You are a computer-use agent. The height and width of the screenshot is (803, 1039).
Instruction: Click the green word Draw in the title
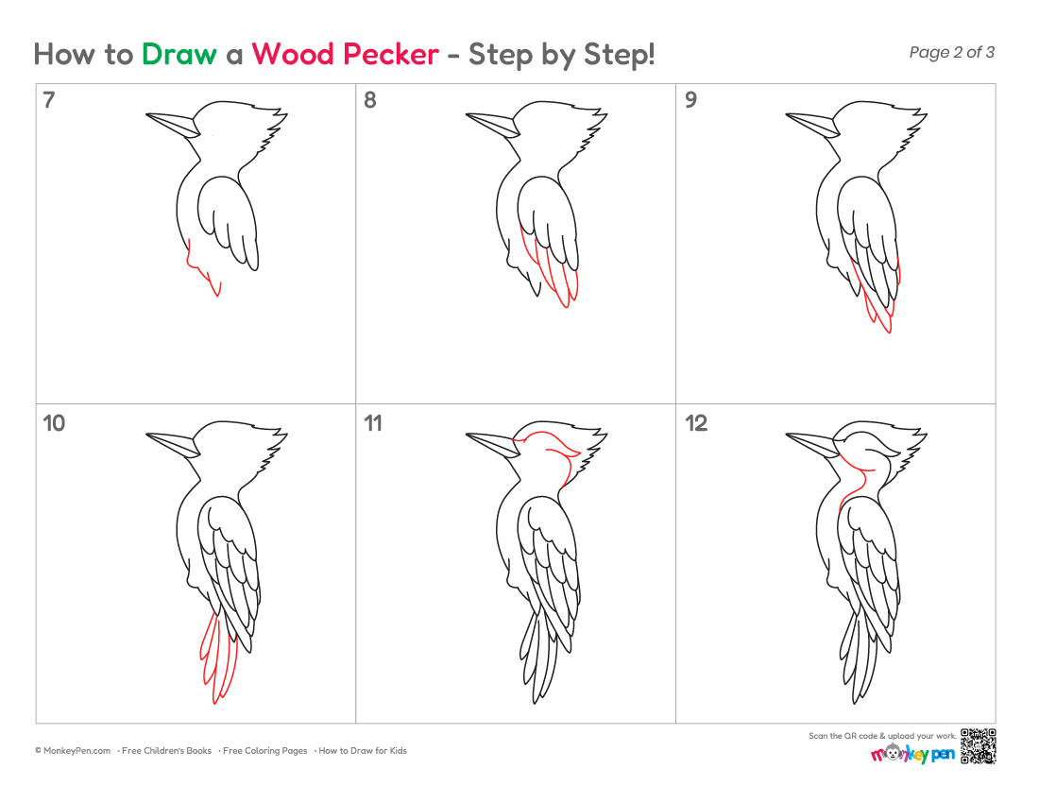tap(179, 55)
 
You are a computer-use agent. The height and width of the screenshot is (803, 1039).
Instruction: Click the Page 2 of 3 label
tap(951, 52)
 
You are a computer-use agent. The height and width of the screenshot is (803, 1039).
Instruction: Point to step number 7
tap(49, 100)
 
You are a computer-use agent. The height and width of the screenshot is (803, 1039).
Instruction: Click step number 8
tap(369, 100)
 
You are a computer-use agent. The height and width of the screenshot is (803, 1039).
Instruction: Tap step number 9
tap(690, 100)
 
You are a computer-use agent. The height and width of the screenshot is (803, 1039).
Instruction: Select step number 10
tap(54, 423)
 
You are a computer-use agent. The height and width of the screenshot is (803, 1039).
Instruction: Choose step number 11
tap(373, 423)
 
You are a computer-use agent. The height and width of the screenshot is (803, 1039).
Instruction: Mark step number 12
tap(696, 423)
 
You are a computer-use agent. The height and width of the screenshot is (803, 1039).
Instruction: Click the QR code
tap(978, 746)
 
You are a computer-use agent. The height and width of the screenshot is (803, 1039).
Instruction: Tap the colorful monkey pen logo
tap(912, 754)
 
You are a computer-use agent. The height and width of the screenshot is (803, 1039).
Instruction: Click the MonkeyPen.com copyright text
tap(73, 751)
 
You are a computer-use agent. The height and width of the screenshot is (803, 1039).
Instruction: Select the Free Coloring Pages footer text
tap(265, 751)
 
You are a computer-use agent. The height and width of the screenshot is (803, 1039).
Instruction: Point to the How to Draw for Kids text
tap(363, 751)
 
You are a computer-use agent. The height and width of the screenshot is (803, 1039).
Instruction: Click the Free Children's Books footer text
tap(166, 751)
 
